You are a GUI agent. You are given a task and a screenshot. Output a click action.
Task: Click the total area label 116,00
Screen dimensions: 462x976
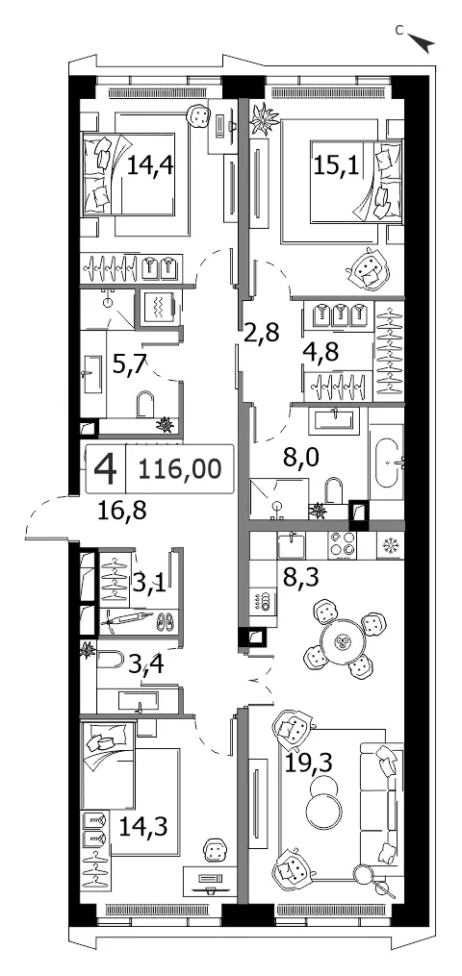pos(179,468)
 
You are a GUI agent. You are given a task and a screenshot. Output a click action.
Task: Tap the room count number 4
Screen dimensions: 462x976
pos(105,468)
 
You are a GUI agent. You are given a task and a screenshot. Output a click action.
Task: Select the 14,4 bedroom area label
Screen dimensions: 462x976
pos(149,166)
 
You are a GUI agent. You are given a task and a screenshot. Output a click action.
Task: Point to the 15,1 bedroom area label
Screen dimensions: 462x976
pos(336,166)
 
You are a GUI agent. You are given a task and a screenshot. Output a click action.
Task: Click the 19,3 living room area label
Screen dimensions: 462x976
pos(308,761)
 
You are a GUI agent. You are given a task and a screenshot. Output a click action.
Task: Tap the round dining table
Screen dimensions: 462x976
pos(342,642)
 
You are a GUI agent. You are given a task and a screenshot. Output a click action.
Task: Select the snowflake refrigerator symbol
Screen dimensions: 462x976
pos(390,545)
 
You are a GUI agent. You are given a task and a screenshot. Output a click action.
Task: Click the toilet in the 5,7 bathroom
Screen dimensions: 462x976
pos(145,404)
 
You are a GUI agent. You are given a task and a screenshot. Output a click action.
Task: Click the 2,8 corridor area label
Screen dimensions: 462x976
pos(262,331)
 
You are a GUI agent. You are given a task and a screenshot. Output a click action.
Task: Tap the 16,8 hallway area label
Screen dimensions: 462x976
pos(121,512)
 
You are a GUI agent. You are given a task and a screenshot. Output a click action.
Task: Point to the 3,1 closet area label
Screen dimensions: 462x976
pos(149,584)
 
